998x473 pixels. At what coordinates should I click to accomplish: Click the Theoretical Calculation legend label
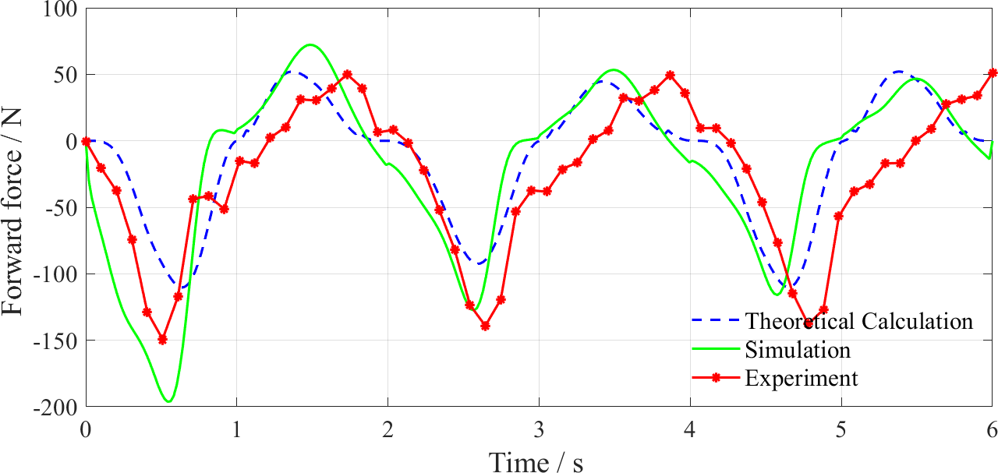(858, 321)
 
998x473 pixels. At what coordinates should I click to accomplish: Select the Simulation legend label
(797, 349)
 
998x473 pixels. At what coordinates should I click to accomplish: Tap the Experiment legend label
(801, 378)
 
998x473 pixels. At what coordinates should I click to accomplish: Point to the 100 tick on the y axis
(62, 9)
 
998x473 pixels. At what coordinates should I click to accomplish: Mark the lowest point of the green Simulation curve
(169, 401)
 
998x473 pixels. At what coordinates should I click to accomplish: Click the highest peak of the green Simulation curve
(310, 44)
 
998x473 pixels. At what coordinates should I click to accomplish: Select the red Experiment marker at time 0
(86, 141)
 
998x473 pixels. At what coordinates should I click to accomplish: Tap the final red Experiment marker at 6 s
(992, 73)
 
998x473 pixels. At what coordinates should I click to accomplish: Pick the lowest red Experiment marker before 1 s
(162, 339)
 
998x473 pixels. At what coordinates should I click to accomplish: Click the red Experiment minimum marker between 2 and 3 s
(485, 326)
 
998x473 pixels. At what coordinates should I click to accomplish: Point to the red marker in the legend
(715, 378)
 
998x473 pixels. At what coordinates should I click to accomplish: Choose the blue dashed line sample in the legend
(715, 320)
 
